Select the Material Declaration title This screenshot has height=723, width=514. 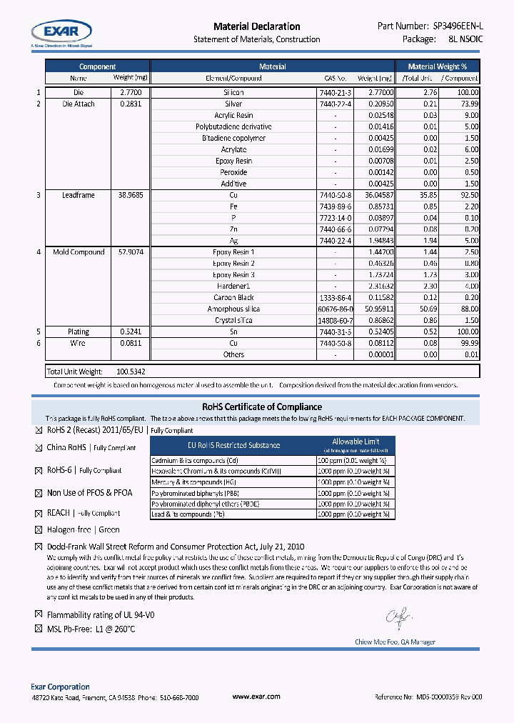pos(256,26)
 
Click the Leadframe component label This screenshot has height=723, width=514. pos(78,195)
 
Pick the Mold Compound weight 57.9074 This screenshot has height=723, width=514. pos(131,252)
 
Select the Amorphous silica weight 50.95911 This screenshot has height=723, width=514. pos(375,309)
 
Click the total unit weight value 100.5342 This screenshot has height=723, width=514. pos(131,372)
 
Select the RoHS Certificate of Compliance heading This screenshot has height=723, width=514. pos(256,407)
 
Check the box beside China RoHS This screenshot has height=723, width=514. pos(39,448)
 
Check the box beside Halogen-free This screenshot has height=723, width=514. pos(39,530)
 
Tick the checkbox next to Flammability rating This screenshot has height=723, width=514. pos(39,614)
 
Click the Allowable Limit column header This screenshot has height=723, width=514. pos(356,442)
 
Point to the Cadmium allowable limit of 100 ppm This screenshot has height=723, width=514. pos(353,461)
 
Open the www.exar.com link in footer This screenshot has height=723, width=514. pos(256,697)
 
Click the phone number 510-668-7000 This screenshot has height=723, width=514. pos(181,697)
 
